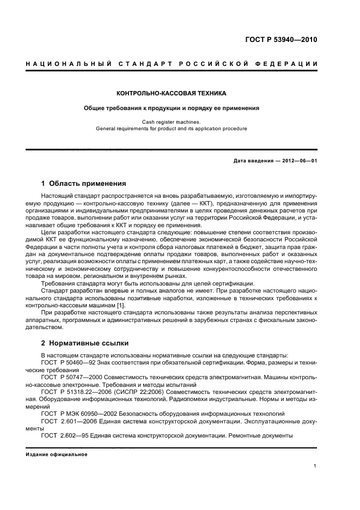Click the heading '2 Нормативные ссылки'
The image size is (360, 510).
(84, 344)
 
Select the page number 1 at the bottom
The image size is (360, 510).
(315, 466)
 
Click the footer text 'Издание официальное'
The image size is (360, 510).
(57, 454)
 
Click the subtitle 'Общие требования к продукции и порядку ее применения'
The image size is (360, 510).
(172, 108)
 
